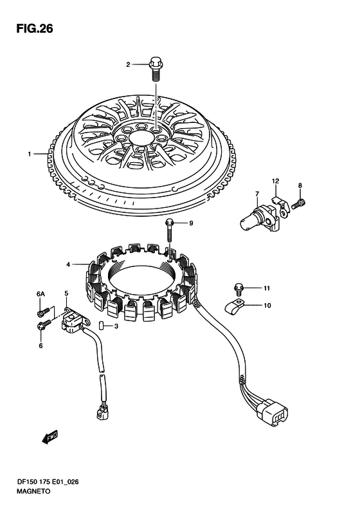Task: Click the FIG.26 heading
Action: pos(35,28)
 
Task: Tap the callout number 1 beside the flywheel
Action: pos(30,154)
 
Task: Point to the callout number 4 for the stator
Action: pos(68,265)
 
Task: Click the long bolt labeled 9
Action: pos(169,230)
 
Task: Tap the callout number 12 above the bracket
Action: pos(275,181)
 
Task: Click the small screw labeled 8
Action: pos(298,204)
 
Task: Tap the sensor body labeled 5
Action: pos(75,320)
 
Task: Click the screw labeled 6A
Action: pos(43,311)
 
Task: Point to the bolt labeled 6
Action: pos(44,324)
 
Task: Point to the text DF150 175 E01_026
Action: pos(48,482)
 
